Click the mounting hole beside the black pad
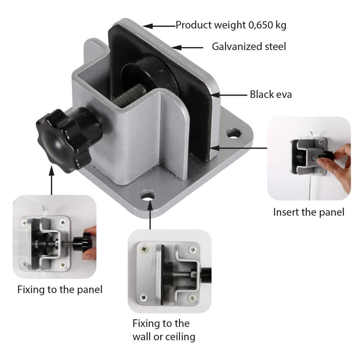234,134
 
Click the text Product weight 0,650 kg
231,25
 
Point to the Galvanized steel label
249,46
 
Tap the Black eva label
271,94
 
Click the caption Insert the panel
309,212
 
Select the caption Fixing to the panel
60,289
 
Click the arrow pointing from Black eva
229,95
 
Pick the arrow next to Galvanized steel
187,48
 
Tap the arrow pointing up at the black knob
51,180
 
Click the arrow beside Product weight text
159,26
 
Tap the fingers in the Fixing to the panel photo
90,242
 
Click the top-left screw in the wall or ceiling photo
144,249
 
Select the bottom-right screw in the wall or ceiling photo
192,298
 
